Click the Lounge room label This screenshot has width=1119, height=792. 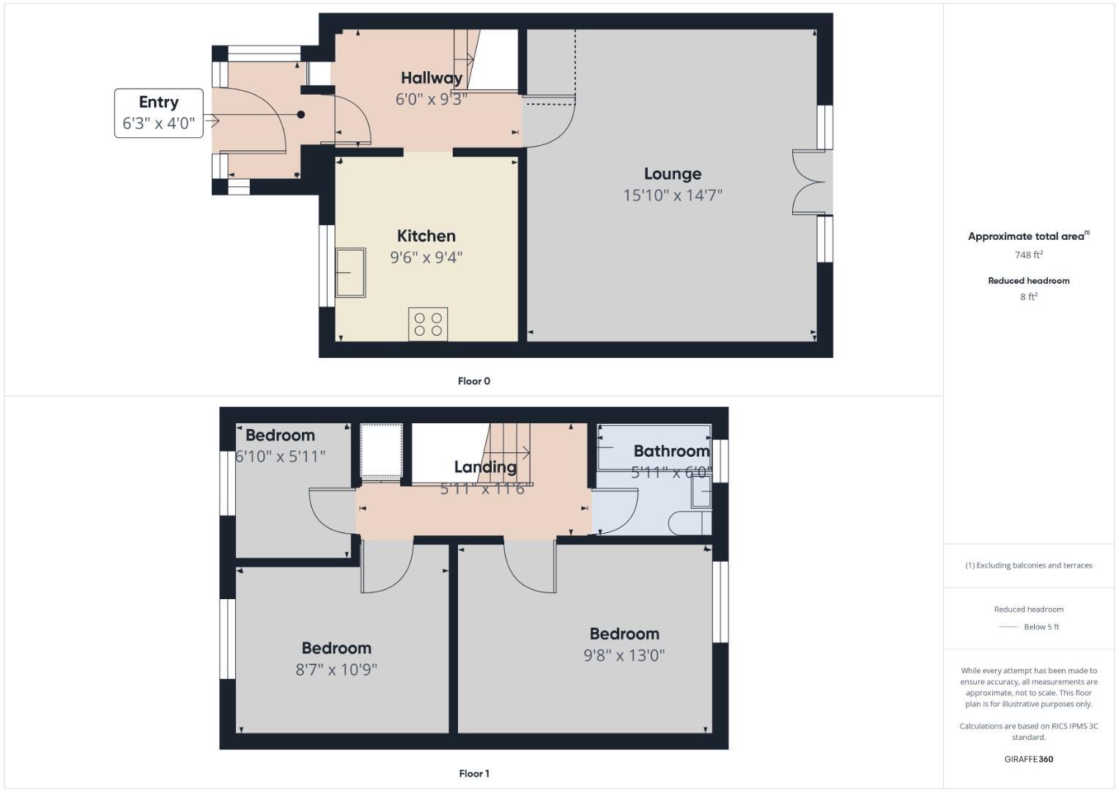[x=673, y=174]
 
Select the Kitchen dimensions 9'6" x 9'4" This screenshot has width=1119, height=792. [x=426, y=257]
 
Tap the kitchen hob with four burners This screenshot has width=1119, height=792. [x=428, y=324]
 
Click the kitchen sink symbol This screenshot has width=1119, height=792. [x=350, y=272]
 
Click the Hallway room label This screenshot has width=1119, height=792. [x=432, y=78]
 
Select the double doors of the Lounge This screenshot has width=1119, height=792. [x=810, y=183]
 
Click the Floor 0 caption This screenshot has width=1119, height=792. [x=473, y=381]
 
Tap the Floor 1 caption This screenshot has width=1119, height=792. [x=473, y=774]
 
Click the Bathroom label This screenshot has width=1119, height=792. [x=671, y=451]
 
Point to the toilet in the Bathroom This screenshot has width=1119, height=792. [x=689, y=523]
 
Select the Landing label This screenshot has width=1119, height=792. [x=485, y=467]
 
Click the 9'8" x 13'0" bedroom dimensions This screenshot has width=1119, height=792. [x=624, y=656]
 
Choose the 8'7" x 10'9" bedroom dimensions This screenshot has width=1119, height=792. [x=336, y=670]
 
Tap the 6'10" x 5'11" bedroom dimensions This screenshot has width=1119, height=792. [x=280, y=456]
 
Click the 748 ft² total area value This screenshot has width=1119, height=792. [x=1028, y=255]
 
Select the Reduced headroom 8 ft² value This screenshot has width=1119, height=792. [x=1028, y=297]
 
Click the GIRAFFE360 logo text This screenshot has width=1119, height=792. [x=1028, y=759]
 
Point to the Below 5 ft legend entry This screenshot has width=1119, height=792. [x=1028, y=627]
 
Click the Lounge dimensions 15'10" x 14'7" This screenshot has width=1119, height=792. [x=673, y=195]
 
